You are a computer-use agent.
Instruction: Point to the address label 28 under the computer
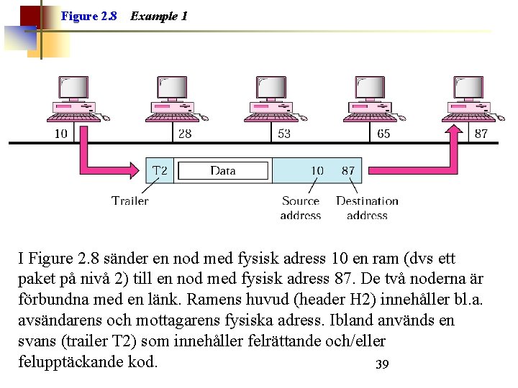tap(185, 134)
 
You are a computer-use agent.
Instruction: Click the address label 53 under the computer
tap(283, 134)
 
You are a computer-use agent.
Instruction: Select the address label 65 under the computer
tap(383, 134)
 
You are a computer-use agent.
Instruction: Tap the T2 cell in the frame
tap(160, 171)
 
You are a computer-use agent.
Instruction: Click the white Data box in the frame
tap(223, 171)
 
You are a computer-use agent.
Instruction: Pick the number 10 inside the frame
tap(317, 171)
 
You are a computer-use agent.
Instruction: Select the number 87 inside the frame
tap(348, 171)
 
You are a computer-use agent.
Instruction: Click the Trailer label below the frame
tap(130, 201)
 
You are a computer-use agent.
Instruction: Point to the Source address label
tap(301, 208)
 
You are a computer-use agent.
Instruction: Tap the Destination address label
tap(367, 208)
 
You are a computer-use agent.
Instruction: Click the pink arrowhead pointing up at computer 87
tap(455, 132)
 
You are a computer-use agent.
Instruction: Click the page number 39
tap(382, 364)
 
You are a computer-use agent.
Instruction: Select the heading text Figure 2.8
tap(89, 16)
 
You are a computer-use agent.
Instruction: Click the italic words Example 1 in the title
tap(159, 16)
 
